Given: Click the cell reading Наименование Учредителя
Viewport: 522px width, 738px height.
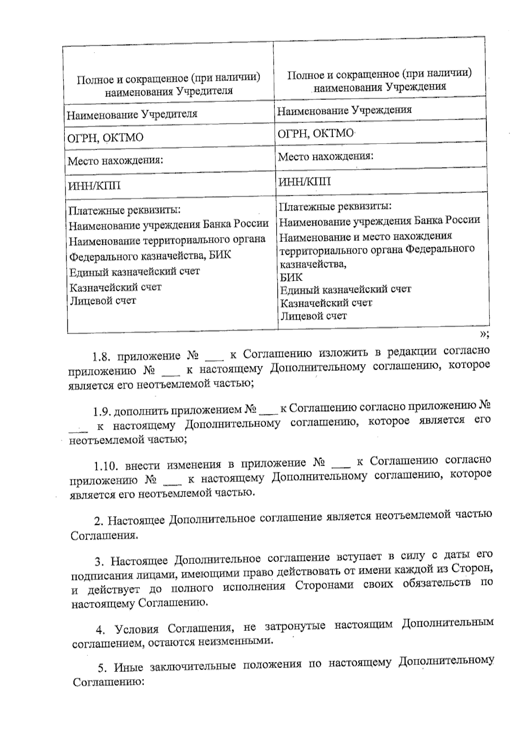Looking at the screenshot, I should coord(132,114).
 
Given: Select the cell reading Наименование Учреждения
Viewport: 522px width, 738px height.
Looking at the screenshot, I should coord(344,110).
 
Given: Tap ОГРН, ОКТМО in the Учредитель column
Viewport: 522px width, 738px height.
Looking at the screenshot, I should coord(105,138).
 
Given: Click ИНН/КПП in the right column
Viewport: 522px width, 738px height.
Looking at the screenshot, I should coord(304,181).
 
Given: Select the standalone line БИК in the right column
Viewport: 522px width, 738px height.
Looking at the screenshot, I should coord(291,277).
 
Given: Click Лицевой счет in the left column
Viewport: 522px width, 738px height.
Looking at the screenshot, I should coord(103,301).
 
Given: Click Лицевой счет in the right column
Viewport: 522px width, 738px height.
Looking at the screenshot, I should coord(313,316).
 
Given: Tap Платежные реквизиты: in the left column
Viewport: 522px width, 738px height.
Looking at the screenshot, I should coord(125,210).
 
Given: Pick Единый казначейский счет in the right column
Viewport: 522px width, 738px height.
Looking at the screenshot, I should coord(345,289).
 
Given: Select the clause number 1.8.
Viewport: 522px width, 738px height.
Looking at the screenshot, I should coord(100,357).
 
